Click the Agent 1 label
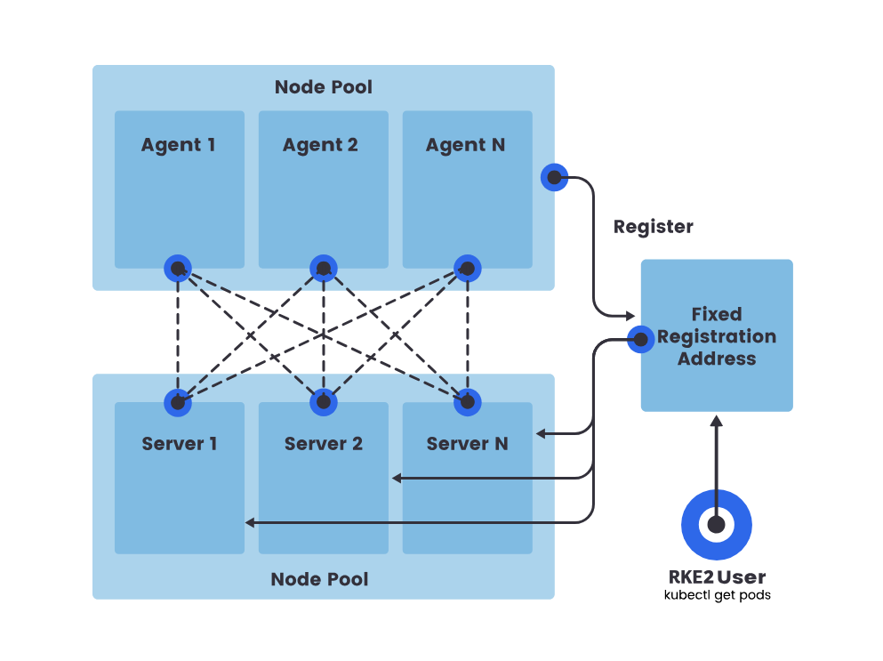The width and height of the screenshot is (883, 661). [178, 145]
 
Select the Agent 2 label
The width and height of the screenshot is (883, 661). [320, 145]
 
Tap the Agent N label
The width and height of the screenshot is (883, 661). [465, 145]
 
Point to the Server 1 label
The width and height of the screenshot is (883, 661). [179, 444]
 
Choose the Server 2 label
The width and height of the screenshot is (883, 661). [324, 444]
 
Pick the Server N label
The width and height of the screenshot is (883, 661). [468, 444]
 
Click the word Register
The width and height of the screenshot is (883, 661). [654, 227]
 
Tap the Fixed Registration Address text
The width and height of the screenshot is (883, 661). [717, 336]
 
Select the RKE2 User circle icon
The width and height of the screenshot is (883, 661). [717, 525]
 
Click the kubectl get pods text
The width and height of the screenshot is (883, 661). [717, 595]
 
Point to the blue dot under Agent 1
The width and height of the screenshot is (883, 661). [178, 269]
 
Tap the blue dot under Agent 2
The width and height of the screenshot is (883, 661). [324, 269]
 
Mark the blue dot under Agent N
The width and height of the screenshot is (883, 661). [468, 269]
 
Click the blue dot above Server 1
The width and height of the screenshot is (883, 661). [178, 402]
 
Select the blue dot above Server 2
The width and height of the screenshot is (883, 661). [324, 402]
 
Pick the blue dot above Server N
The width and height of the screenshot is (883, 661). [468, 402]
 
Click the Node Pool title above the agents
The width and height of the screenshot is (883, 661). [324, 87]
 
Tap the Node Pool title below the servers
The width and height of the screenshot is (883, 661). [319, 579]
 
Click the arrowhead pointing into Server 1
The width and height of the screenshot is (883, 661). [250, 523]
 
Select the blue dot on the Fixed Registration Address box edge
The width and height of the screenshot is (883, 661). [641, 339]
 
